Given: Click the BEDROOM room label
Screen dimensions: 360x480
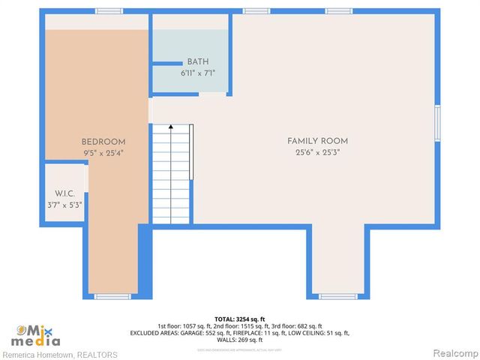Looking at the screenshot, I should coord(103,142).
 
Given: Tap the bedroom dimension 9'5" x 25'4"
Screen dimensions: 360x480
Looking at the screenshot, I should coord(103,152).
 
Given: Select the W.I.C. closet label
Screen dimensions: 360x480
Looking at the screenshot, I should coord(64,193).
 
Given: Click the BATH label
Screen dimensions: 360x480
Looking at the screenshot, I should coord(198,61).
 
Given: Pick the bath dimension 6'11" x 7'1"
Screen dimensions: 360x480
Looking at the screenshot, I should coord(198,73).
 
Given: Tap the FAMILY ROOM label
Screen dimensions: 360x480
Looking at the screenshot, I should coord(317,141).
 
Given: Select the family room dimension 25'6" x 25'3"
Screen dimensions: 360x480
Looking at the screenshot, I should coord(317,152).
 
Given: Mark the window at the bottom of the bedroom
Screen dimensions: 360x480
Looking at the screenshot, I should coord(112,297).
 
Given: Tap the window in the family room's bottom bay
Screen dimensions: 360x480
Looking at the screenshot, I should coord(337,297).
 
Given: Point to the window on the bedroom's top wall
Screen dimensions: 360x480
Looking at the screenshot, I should coord(109,10).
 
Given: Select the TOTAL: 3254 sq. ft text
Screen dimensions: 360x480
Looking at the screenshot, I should coord(240,319).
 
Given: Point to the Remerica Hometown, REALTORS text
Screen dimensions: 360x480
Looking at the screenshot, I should coord(60,354).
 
